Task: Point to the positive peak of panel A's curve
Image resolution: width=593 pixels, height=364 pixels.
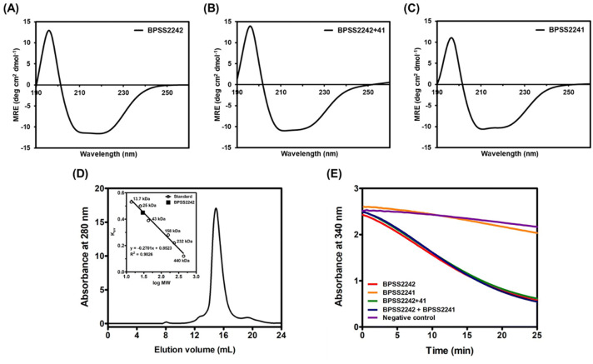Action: pyautogui.click(x=49, y=31)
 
